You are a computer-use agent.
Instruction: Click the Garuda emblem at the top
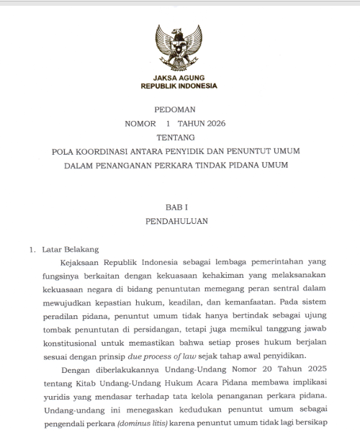tap(180, 46)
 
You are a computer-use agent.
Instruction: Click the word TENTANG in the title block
tap(180, 137)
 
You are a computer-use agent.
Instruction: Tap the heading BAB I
tap(180, 207)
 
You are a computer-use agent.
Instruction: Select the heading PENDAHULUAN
tap(180, 221)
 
